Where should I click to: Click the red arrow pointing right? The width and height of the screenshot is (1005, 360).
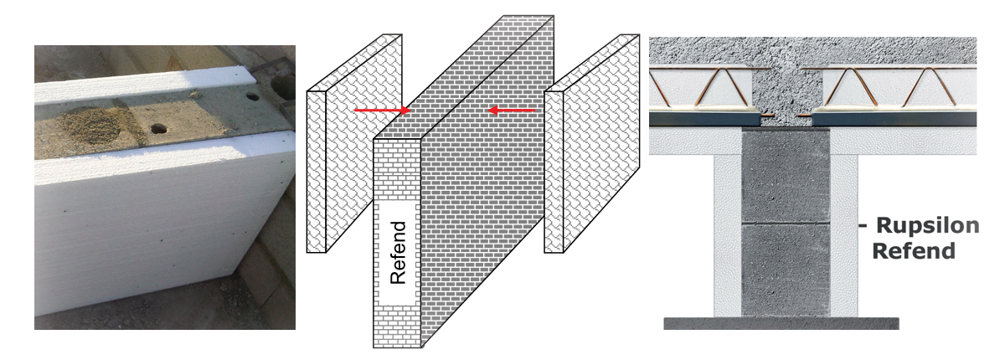click(x=382, y=110)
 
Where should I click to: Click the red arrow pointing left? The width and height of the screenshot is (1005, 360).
click(x=512, y=111)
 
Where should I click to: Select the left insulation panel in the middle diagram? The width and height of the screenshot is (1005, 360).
click(x=354, y=143)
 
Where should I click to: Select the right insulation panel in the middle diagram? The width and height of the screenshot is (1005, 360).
click(x=592, y=143)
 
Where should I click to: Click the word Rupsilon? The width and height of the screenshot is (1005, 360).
click(x=927, y=225)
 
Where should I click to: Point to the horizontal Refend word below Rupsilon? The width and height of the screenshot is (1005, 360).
click(x=914, y=250)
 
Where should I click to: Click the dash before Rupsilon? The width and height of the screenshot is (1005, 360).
click(x=863, y=225)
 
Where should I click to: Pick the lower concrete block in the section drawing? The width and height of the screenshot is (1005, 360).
click(x=786, y=270)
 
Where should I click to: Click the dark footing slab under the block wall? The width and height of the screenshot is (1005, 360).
click(x=781, y=323)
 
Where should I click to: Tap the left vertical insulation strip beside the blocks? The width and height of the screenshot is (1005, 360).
click(x=728, y=235)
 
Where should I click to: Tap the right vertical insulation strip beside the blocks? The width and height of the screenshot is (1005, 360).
click(x=844, y=235)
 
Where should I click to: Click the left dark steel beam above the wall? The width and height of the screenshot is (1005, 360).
click(x=705, y=119)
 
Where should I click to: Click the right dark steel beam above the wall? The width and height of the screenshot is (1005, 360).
click(x=894, y=119)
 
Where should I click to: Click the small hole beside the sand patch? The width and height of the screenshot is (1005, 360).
click(x=158, y=129)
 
